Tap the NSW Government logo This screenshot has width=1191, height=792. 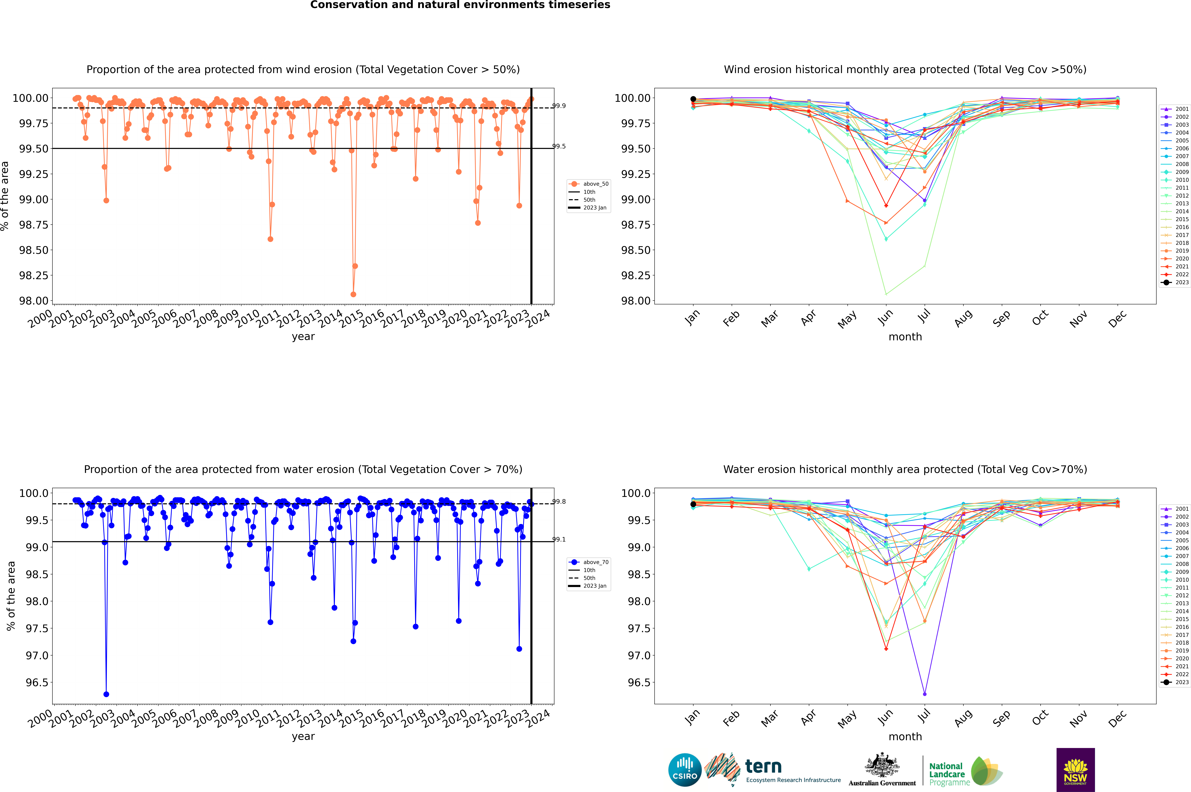(1075, 770)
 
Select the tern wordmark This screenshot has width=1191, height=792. (763, 767)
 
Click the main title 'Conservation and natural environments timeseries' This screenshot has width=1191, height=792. (460, 5)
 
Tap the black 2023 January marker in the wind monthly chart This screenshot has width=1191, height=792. (693, 99)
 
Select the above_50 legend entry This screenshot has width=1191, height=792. (589, 184)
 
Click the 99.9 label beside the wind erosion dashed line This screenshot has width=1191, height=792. (559, 106)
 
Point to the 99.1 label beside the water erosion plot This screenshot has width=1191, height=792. (559, 539)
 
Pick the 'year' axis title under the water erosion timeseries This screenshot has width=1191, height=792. (303, 736)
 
